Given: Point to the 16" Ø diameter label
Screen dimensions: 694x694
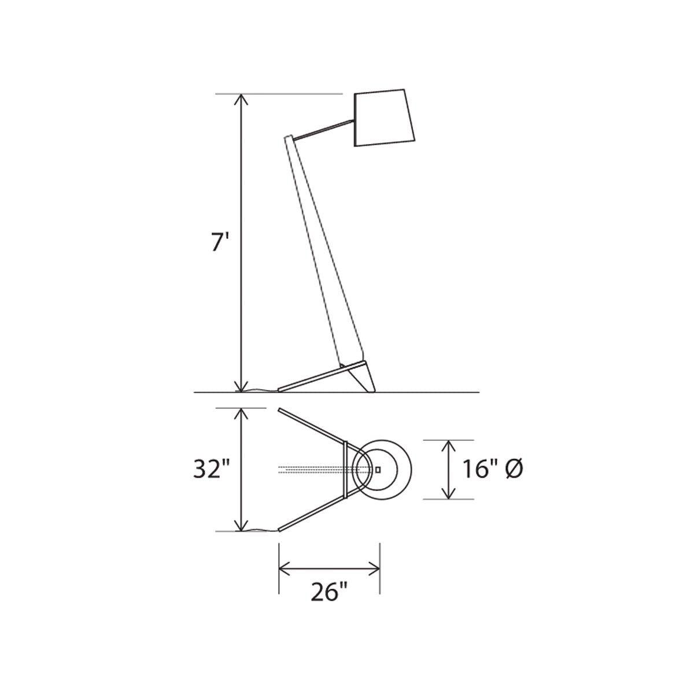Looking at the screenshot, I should [492, 469].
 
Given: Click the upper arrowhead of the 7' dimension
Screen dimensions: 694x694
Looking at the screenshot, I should [241, 99].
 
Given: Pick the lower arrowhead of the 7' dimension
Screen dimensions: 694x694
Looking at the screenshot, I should [241, 386].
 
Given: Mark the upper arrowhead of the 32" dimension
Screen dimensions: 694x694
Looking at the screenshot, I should [241, 414].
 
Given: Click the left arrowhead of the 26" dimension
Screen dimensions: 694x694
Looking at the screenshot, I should [285, 570].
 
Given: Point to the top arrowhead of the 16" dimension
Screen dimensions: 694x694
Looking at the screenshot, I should [448, 446].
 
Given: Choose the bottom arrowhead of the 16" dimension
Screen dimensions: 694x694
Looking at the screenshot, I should [448, 492].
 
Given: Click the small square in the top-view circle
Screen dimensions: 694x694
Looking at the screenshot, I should [378, 470].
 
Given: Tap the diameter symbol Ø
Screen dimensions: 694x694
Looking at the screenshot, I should [514, 469].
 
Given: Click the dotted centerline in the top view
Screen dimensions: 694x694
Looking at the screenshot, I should [312, 470].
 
